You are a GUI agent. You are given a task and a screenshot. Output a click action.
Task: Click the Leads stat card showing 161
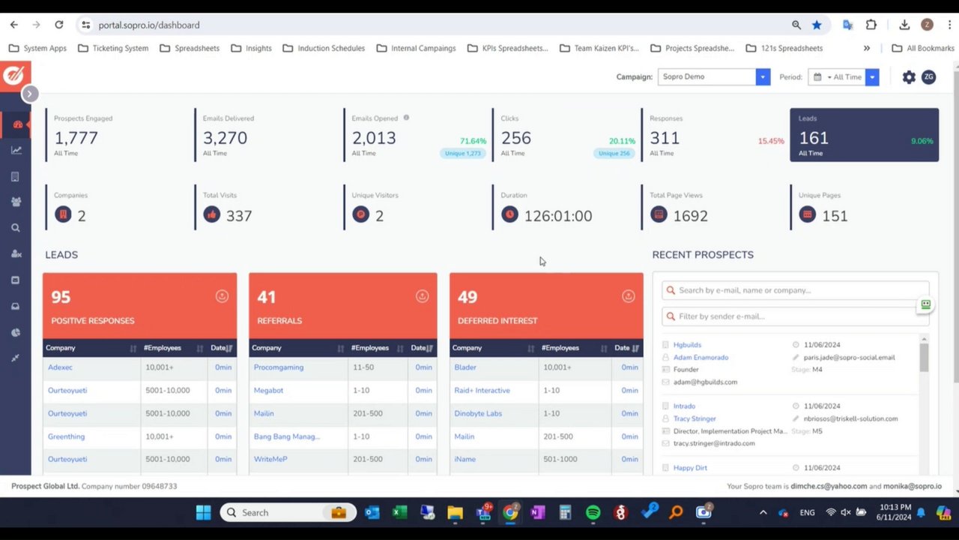863,135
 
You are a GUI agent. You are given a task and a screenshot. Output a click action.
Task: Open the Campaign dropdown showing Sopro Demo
713,76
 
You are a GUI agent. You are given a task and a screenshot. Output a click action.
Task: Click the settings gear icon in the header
909,77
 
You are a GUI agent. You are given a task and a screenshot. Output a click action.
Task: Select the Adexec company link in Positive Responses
60,367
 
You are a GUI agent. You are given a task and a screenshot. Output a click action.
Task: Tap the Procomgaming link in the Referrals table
278,367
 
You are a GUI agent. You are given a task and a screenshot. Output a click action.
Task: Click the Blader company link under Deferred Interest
465,367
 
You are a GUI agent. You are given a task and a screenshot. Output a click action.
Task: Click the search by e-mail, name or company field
796,290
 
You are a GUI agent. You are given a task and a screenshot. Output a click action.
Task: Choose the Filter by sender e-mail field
796,316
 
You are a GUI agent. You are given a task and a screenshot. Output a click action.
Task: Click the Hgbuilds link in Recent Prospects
687,345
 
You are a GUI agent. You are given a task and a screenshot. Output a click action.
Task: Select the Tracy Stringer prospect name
695,418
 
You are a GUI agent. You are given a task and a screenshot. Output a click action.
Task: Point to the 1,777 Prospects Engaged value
76,138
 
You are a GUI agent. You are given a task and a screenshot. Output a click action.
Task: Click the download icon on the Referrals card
422,296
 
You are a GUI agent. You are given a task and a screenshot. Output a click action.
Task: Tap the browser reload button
59,25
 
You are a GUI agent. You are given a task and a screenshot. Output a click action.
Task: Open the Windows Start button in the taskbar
203,512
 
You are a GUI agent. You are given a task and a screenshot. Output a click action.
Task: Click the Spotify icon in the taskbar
593,512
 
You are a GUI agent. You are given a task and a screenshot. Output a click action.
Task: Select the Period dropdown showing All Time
844,76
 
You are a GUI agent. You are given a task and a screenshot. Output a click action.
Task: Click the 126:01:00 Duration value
558,216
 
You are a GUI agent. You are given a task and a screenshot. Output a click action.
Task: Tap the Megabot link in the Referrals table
268,391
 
